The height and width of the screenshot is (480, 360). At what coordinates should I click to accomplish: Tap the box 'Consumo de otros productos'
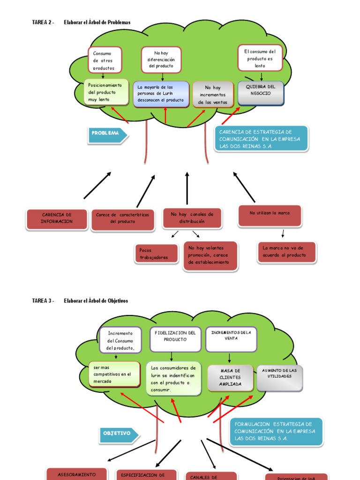104,60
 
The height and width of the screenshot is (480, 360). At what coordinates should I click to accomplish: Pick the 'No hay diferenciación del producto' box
161,60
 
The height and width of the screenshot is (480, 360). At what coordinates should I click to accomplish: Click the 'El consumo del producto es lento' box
260,58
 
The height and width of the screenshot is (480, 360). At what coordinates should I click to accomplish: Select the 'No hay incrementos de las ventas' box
213,94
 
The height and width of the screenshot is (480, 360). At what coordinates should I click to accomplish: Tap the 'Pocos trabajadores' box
156,254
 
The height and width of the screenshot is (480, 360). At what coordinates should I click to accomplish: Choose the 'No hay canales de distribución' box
192,218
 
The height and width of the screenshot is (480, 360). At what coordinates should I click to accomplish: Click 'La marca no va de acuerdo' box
287,252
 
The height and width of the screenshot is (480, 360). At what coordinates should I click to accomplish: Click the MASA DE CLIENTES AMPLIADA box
230,378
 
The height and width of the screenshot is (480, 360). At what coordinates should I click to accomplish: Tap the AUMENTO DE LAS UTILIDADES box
279,376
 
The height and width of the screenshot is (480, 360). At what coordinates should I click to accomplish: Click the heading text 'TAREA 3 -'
43,301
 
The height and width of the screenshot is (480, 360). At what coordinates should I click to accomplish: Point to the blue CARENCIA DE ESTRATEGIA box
261,139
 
